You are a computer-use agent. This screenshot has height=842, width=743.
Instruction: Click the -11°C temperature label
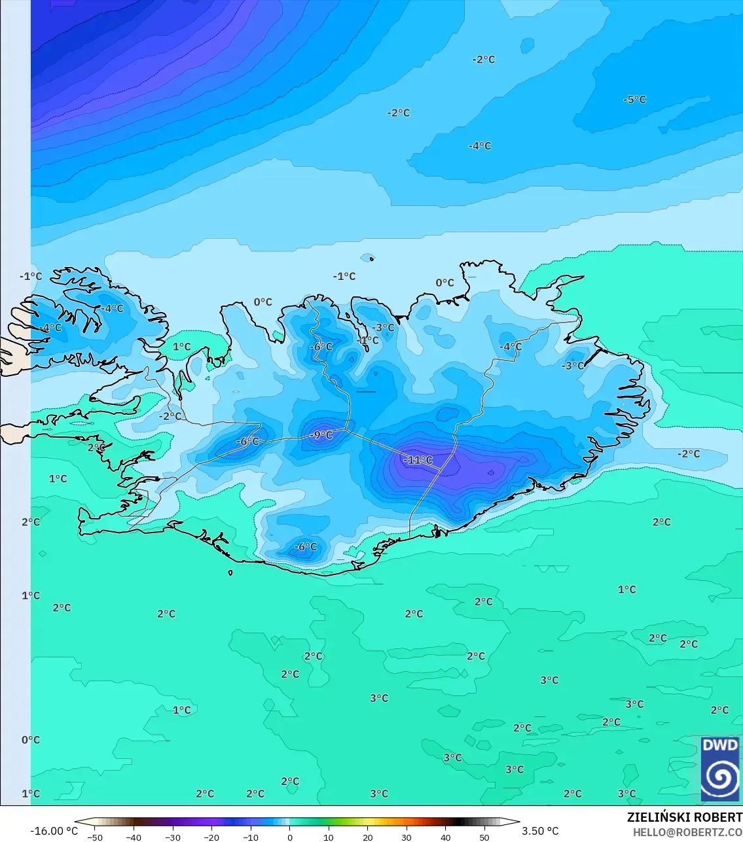(x=418, y=460)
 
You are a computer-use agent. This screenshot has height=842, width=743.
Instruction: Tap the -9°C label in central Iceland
(x=321, y=435)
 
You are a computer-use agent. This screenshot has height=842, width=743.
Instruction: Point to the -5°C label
(x=634, y=99)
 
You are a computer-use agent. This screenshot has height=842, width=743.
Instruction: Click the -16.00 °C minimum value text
(x=54, y=831)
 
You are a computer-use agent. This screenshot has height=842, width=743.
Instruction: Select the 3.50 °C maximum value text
(x=540, y=831)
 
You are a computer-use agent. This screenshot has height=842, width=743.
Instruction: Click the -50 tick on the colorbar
(x=95, y=837)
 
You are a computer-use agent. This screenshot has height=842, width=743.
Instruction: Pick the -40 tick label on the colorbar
(x=134, y=837)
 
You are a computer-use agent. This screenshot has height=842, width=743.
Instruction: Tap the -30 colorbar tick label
(x=172, y=837)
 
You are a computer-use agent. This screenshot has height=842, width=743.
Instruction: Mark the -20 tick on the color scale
(x=211, y=837)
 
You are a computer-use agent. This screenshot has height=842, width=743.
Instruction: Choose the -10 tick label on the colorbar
(x=250, y=837)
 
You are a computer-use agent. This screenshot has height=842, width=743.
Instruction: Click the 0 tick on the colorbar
(x=290, y=837)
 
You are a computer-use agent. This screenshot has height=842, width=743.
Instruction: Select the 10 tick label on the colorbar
(x=329, y=837)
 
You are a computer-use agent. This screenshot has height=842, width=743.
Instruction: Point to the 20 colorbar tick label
(x=367, y=837)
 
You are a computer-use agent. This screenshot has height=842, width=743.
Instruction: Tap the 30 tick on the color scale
(x=407, y=837)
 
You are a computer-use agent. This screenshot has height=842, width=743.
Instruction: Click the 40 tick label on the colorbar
(x=445, y=837)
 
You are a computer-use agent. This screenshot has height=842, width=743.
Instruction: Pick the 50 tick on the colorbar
(x=484, y=837)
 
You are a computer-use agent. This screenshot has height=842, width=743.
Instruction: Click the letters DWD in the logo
(x=719, y=745)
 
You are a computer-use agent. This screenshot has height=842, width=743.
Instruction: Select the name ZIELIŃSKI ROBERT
(x=684, y=817)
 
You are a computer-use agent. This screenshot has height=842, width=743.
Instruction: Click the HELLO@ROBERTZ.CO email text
(x=687, y=832)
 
